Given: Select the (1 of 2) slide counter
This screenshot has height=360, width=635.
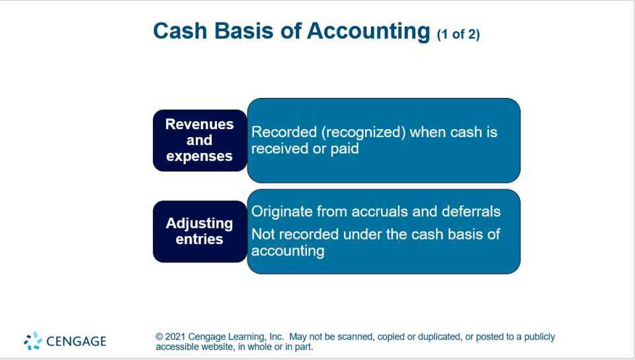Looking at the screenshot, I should click(x=458, y=34).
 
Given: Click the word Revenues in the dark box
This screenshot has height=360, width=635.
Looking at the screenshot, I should click(x=199, y=124).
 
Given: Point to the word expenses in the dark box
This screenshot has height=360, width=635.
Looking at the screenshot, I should click(x=199, y=156).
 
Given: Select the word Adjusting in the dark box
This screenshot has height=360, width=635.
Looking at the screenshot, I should click(x=199, y=223).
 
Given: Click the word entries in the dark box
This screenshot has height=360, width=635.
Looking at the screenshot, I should click(x=199, y=239).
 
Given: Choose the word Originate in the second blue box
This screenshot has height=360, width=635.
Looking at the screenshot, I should click(x=281, y=212).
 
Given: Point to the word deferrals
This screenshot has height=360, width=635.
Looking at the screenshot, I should click(x=472, y=212).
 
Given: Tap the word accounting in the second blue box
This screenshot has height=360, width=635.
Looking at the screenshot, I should click(x=288, y=251).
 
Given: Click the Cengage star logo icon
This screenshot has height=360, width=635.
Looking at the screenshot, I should click(x=32, y=341).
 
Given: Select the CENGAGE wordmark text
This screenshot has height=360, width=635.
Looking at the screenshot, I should click(x=76, y=341).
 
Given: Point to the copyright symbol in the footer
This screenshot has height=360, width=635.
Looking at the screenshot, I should click(x=159, y=337).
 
